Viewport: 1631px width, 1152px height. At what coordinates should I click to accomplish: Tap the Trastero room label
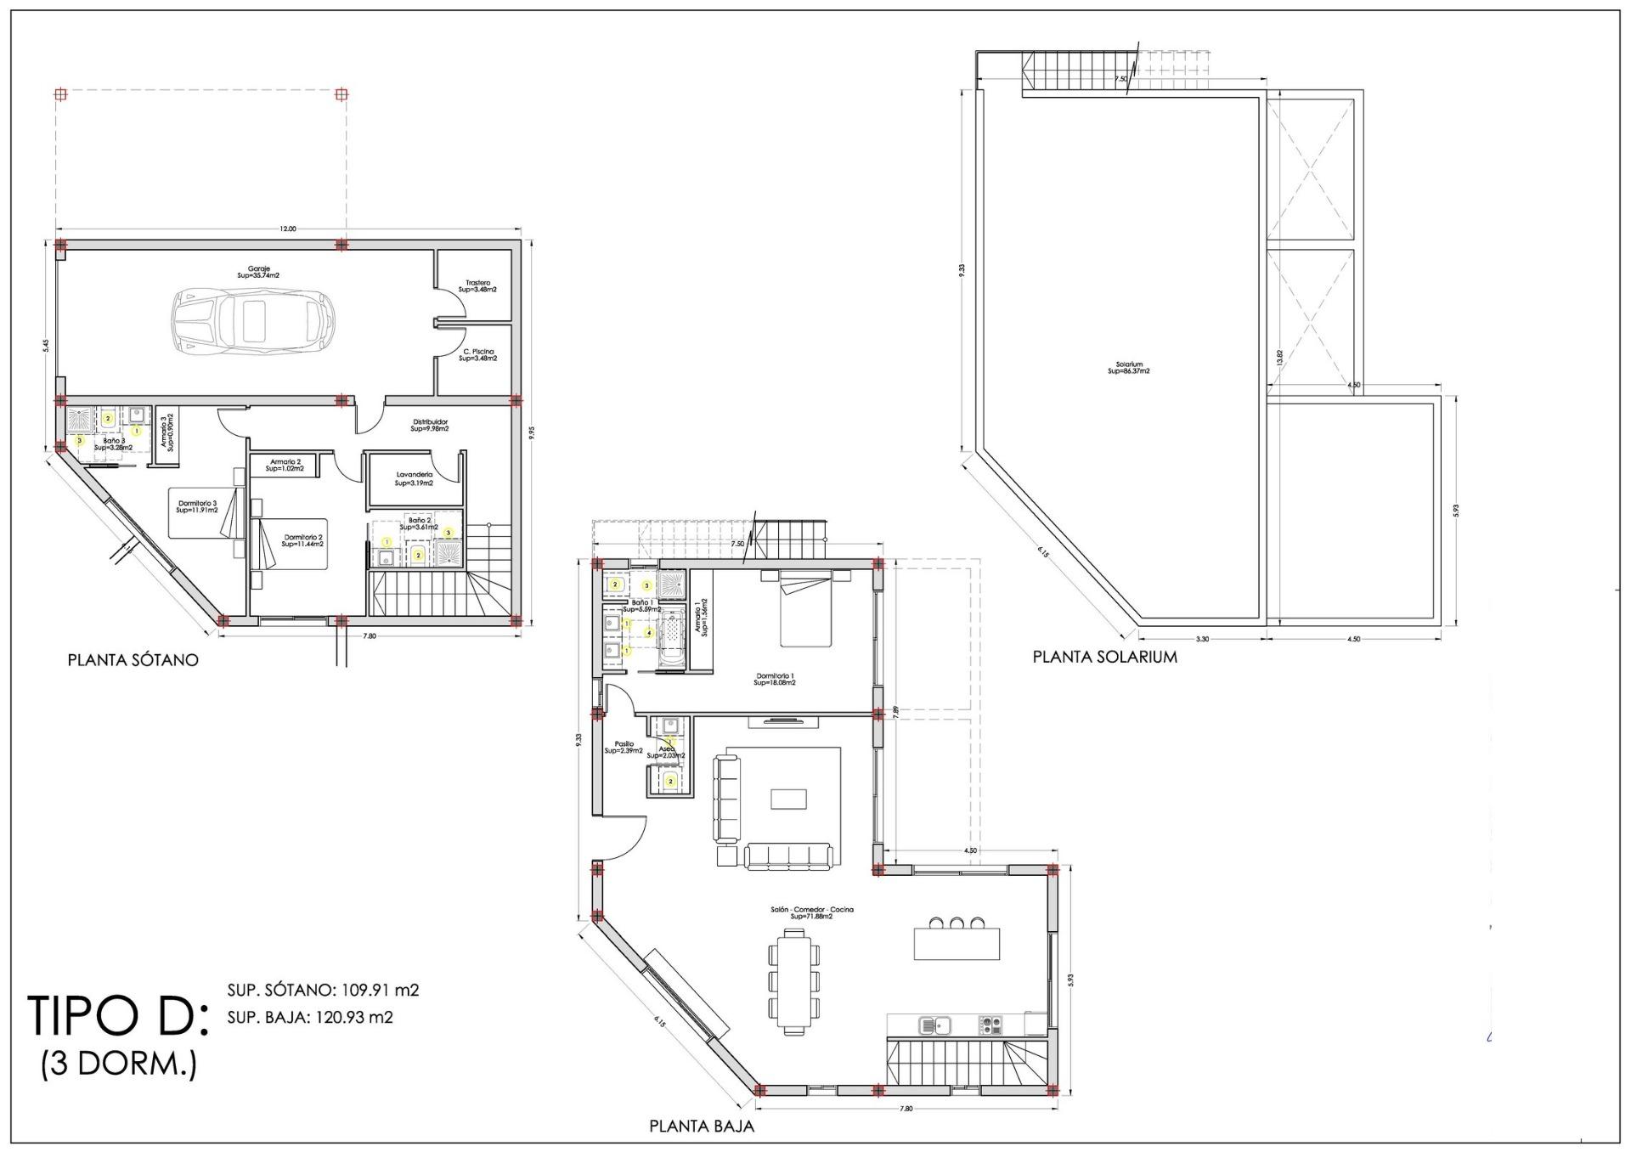point(477,286)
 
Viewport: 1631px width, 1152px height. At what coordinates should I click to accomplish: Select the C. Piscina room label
point(478,355)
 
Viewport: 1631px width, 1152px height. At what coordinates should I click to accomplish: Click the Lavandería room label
point(414,478)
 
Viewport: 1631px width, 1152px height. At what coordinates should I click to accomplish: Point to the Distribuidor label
point(430,425)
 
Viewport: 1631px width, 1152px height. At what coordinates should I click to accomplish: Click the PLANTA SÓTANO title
point(133,660)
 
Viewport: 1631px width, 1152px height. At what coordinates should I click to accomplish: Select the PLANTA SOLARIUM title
point(1104,657)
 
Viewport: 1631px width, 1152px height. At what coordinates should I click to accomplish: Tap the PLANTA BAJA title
point(702,1127)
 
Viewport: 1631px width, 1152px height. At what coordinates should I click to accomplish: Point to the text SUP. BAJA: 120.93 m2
point(310,1017)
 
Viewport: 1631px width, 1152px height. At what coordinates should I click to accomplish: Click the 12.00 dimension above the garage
point(288,229)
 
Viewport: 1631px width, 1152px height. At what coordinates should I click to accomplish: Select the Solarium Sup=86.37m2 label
point(1129,368)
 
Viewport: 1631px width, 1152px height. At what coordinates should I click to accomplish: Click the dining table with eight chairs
point(794,980)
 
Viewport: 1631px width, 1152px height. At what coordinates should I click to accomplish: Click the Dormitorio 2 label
point(304,539)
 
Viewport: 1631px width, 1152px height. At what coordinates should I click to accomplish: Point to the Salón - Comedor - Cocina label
point(810,912)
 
